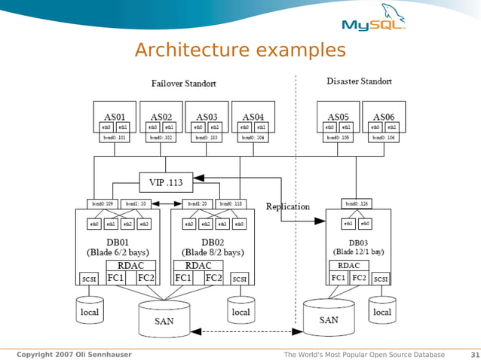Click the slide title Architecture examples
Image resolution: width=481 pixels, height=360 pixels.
(x=240, y=50)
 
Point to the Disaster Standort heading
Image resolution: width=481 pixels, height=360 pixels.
(x=359, y=81)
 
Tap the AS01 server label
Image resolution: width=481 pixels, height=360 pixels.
(x=114, y=117)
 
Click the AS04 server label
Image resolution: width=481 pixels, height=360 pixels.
(x=254, y=117)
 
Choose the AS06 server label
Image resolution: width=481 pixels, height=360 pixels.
(x=384, y=117)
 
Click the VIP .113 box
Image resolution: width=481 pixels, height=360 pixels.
(x=165, y=182)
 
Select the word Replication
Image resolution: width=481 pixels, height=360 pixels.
(x=287, y=206)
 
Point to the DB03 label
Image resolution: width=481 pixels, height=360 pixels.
(x=358, y=240)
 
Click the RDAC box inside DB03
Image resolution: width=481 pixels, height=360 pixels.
(x=348, y=266)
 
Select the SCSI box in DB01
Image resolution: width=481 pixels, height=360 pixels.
(x=89, y=279)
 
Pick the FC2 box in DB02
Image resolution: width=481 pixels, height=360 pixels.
(x=214, y=278)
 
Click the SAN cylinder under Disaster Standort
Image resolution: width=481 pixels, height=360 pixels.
(x=329, y=319)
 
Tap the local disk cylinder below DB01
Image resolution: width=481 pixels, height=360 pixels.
(x=89, y=311)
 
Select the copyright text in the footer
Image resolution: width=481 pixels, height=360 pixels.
(x=73, y=355)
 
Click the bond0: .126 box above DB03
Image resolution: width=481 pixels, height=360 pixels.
(x=357, y=203)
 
